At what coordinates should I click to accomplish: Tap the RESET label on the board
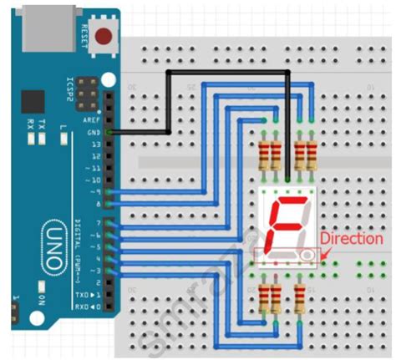84,35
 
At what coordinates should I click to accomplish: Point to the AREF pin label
94,119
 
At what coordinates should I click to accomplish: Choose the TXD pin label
92,295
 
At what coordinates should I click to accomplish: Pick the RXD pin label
92,307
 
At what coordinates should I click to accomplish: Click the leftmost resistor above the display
267,156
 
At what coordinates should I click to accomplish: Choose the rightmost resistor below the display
299,298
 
